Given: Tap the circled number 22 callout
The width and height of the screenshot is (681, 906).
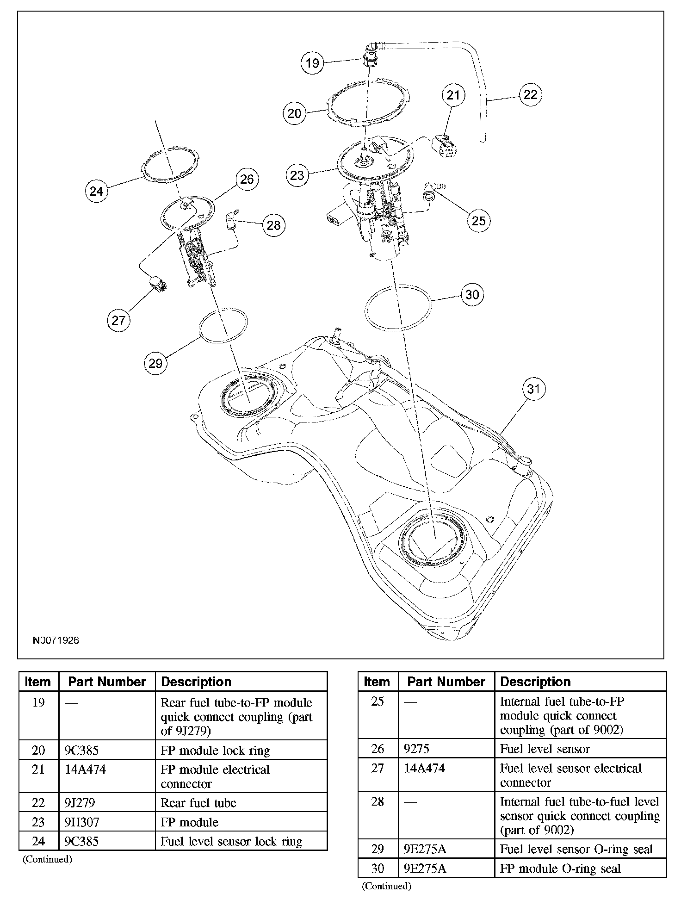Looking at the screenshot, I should pyautogui.click(x=530, y=94).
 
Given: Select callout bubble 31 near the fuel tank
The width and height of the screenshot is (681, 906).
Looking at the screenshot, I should pyautogui.click(x=533, y=389).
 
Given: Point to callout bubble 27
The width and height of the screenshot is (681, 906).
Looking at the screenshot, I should pyautogui.click(x=118, y=320).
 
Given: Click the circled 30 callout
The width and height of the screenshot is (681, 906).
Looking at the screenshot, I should pyautogui.click(x=472, y=295).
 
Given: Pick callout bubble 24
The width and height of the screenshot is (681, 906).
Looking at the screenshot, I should pyautogui.click(x=96, y=191).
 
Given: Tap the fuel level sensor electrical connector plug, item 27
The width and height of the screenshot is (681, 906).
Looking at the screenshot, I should pyautogui.click(x=158, y=283).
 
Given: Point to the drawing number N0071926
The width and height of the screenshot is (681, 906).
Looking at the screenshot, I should pyautogui.click(x=56, y=640).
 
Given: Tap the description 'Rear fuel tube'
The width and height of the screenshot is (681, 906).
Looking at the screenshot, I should pyautogui.click(x=198, y=803).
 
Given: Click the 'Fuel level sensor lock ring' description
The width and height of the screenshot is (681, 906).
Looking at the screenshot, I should pyautogui.click(x=231, y=841).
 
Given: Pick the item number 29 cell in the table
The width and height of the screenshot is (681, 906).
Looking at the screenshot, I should pyautogui.click(x=378, y=849).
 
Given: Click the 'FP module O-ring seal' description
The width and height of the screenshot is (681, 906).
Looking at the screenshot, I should pyautogui.click(x=560, y=869).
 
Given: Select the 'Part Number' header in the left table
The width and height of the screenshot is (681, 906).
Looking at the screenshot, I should pyautogui.click(x=107, y=682).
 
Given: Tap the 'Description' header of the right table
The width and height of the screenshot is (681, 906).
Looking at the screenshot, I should pyautogui.click(x=535, y=682).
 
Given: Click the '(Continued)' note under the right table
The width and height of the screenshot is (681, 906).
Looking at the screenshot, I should pyautogui.click(x=387, y=886).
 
